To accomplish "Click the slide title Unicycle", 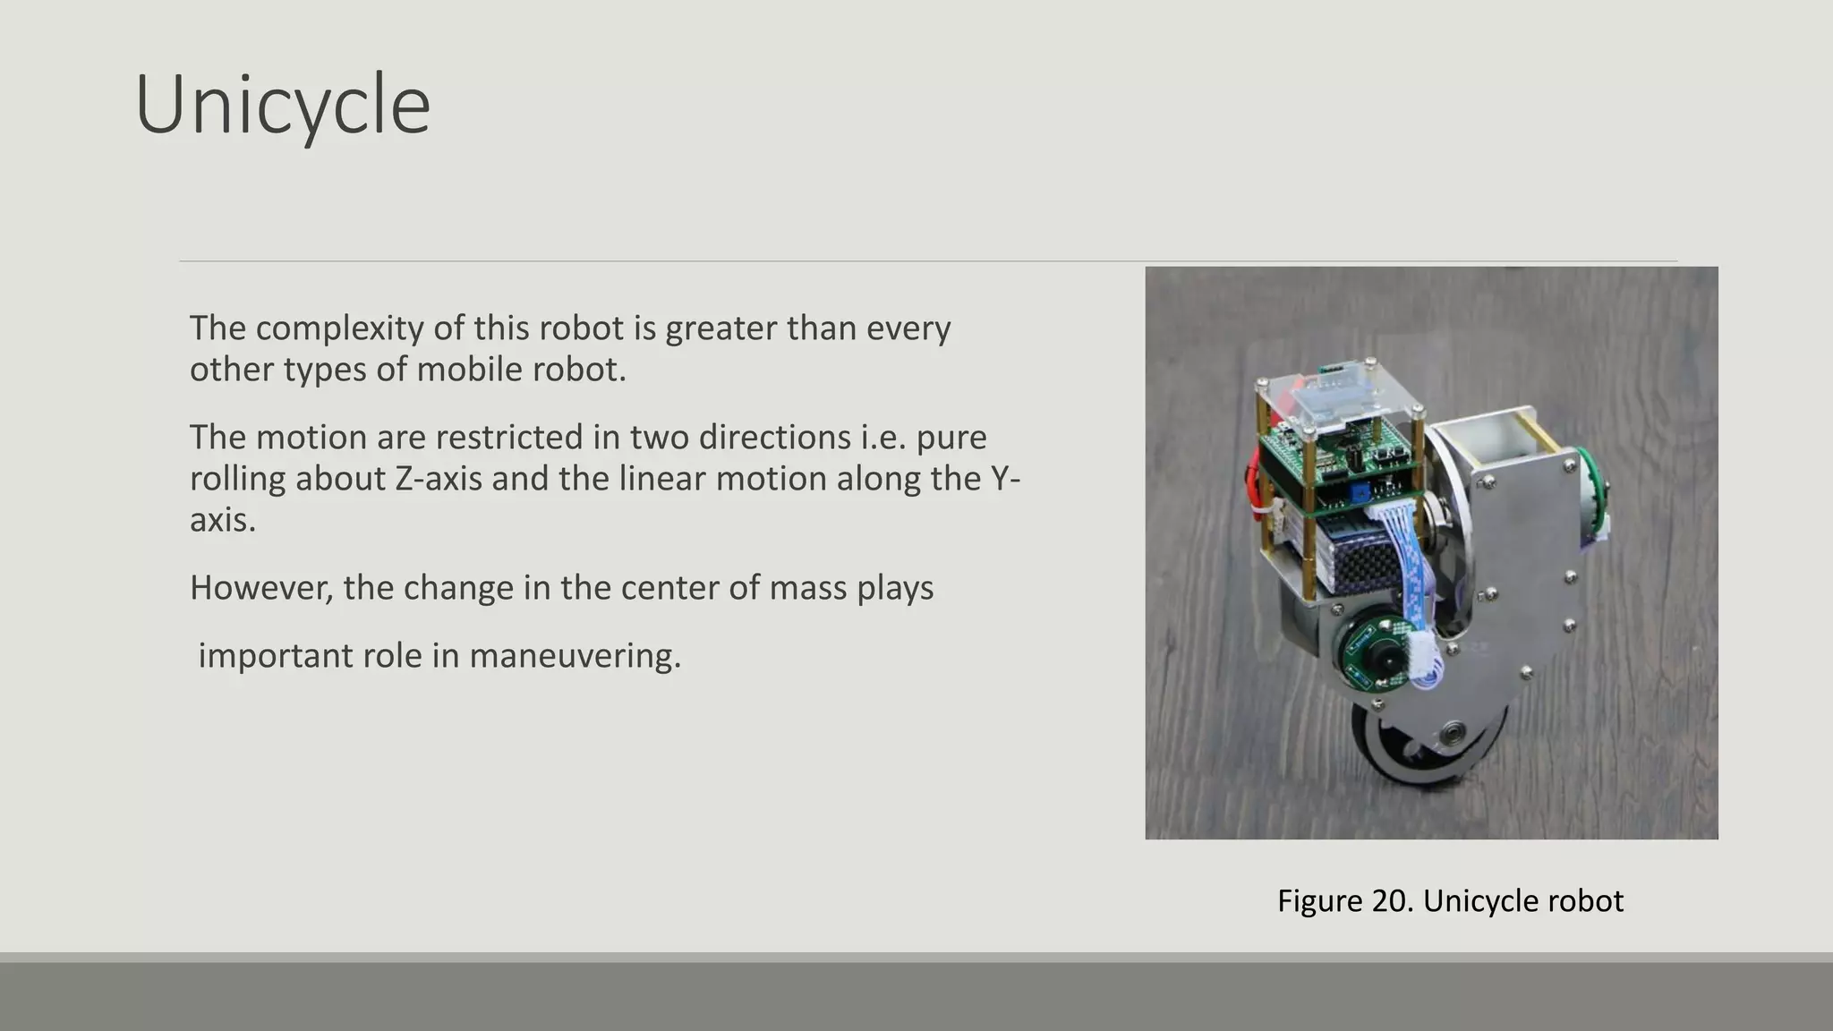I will coord(283,106).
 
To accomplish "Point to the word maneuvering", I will coord(575,656).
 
